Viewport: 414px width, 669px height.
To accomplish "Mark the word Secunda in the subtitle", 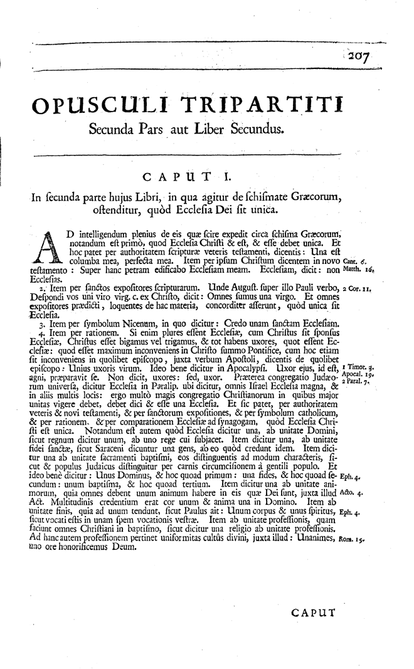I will tap(115, 130).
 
